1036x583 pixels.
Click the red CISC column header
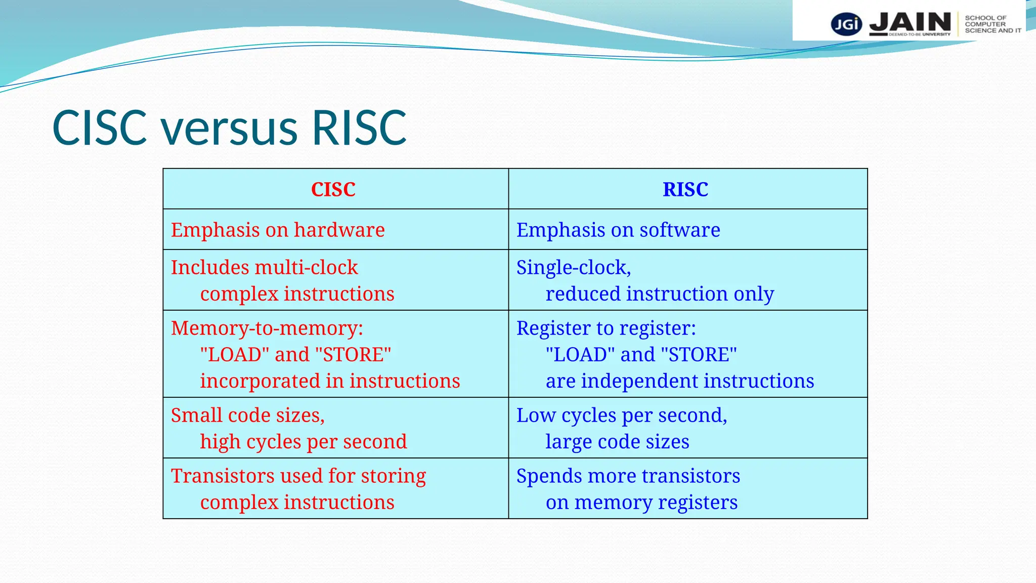tap(333, 190)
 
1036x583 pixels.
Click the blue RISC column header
tap(685, 190)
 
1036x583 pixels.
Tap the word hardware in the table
tap(339, 230)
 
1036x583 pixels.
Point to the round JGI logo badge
tap(846, 24)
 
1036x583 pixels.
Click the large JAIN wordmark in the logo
tap(910, 23)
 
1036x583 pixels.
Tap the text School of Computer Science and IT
tap(992, 24)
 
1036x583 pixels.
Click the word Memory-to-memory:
tap(267, 328)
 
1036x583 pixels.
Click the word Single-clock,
tap(573, 268)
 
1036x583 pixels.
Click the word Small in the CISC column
tap(196, 415)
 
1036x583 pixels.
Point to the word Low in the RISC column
tap(536, 415)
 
